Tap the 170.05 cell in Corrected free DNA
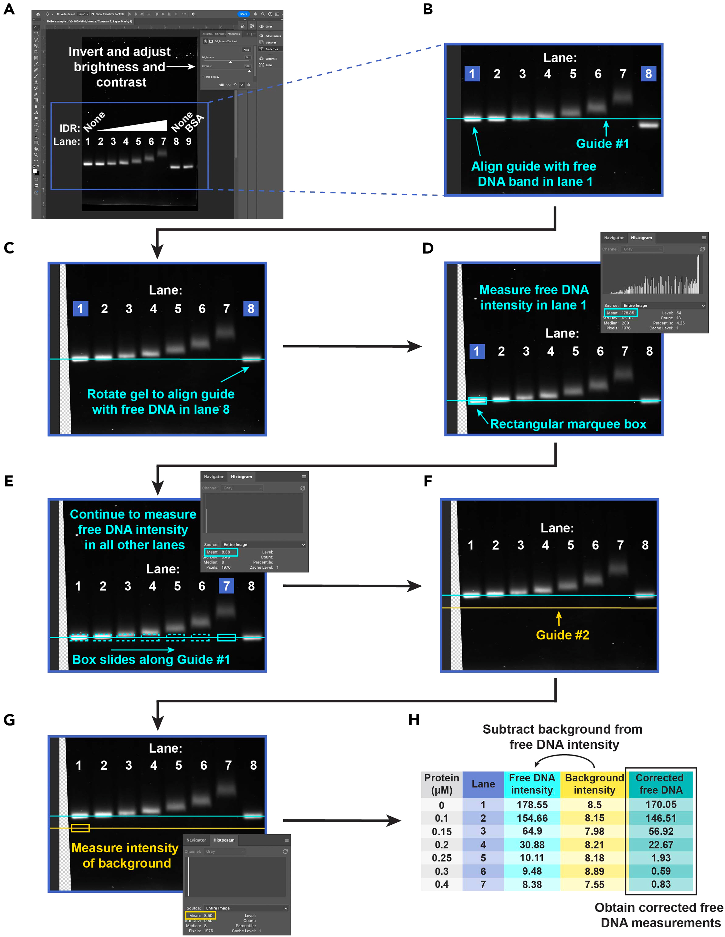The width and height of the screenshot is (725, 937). click(661, 804)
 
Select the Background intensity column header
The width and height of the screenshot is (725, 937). click(594, 784)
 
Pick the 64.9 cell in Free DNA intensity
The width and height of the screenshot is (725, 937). click(532, 831)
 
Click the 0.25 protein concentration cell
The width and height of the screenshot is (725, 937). click(441, 858)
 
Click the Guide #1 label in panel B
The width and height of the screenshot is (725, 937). click(602, 144)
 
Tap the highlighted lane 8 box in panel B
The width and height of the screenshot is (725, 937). click(648, 74)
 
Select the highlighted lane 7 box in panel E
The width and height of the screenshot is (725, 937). click(226, 586)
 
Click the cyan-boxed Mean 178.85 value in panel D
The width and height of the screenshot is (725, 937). click(621, 313)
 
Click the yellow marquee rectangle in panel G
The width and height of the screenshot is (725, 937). click(80, 828)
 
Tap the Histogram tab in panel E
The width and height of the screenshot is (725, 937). click(241, 477)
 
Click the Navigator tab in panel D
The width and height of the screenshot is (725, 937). click(614, 238)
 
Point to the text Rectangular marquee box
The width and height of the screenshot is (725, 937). click(568, 424)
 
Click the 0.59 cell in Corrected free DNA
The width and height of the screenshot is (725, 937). click(661, 871)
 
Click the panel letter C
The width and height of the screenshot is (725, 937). click(9, 248)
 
